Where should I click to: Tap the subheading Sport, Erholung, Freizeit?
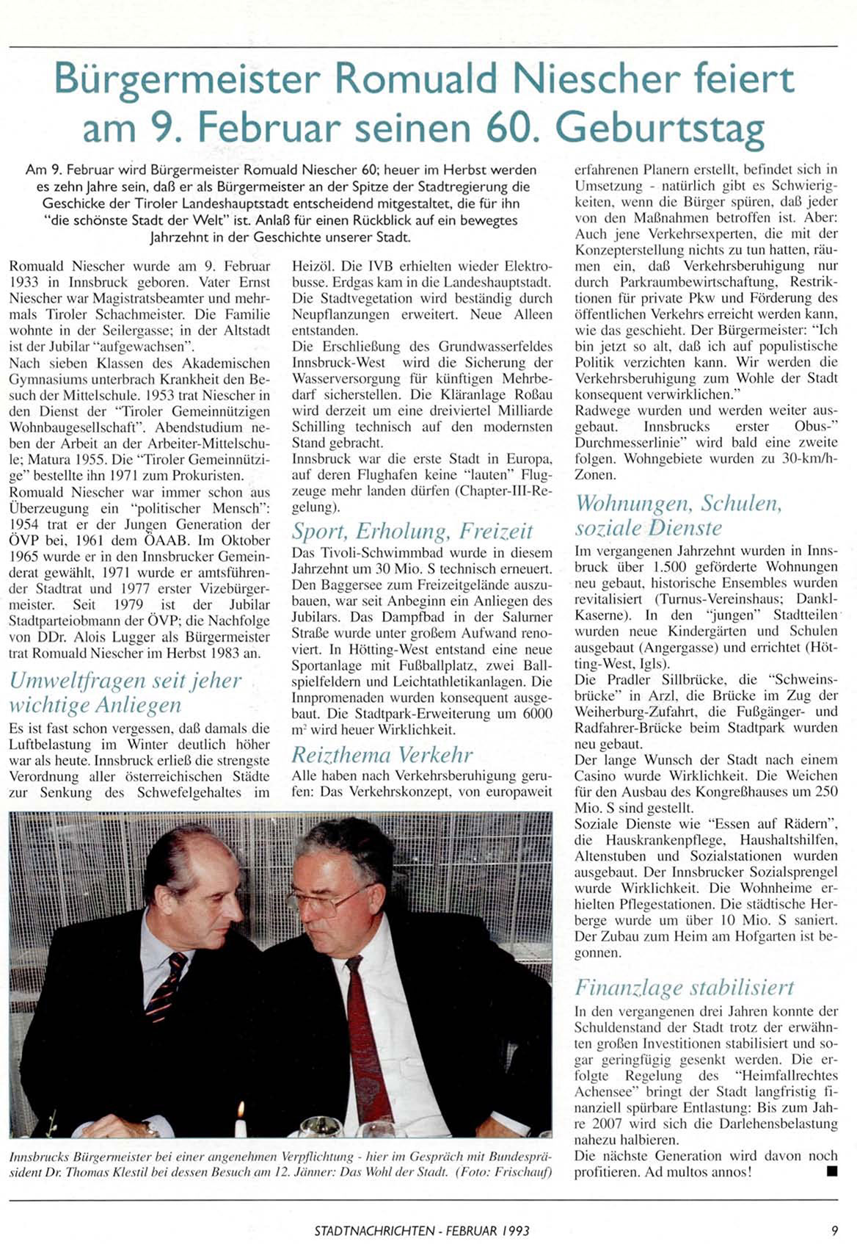click(x=412, y=531)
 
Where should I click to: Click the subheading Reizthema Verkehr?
click(x=382, y=754)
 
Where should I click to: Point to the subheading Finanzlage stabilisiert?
click(x=684, y=986)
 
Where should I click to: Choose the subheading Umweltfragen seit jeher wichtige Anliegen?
click(x=125, y=692)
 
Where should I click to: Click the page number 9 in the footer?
click(x=834, y=1230)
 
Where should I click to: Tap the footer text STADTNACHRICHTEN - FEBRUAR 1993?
click(x=421, y=1230)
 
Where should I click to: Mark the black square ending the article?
click(x=831, y=1172)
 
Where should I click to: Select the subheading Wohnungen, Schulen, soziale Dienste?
click(x=679, y=515)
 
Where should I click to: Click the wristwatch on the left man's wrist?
click(x=150, y=1129)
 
